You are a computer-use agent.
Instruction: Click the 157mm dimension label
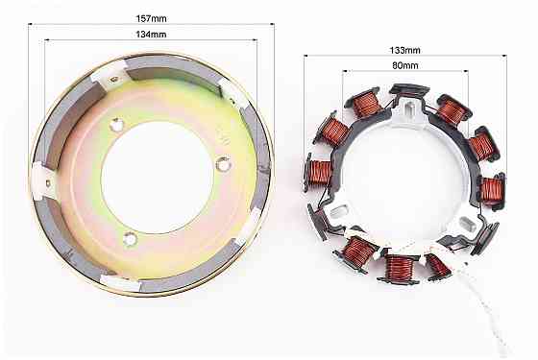152,18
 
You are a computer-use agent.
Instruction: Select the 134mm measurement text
152,35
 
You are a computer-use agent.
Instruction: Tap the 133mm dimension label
404,50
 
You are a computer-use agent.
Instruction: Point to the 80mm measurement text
405,65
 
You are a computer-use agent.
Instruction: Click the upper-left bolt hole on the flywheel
116,125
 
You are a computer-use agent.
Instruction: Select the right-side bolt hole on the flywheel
223,165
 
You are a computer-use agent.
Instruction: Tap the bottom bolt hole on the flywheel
130,239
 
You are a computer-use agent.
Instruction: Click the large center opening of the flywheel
158,178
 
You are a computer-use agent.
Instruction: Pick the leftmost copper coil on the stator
318,173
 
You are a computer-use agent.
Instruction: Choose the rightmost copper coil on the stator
492,191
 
